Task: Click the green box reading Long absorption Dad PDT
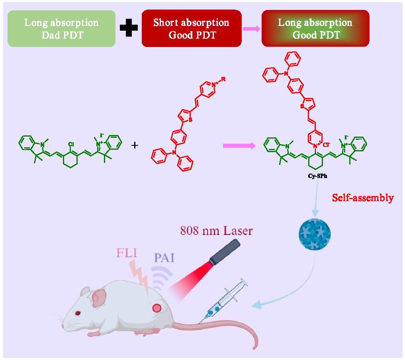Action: (62, 29)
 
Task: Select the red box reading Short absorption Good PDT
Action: (192, 29)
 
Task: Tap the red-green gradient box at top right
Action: (315, 29)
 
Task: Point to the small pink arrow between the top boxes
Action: (252, 29)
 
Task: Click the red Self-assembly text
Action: (363, 198)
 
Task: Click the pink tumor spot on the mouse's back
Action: (157, 308)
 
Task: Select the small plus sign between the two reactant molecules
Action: (135, 146)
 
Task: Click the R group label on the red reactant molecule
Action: (224, 80)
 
